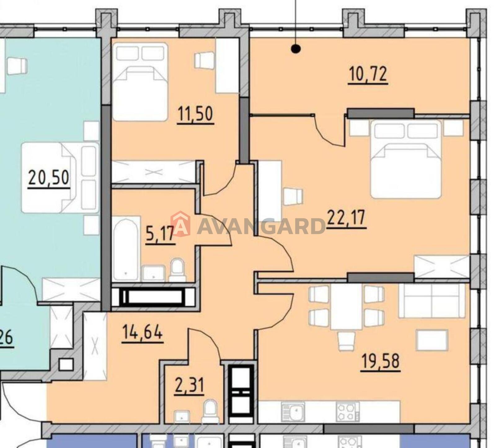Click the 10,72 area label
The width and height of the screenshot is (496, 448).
point(368,74)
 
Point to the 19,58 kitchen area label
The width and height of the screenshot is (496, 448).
point(380,361)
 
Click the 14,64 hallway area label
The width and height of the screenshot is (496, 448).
point(142,333)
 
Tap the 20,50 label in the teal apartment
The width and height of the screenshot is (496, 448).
point(49,178)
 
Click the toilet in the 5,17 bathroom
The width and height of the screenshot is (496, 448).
point(177,270)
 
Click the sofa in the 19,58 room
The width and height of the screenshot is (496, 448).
point(432,301)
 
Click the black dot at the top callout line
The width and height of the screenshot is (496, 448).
point(296,49)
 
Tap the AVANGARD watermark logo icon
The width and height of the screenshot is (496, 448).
point(181,224)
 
